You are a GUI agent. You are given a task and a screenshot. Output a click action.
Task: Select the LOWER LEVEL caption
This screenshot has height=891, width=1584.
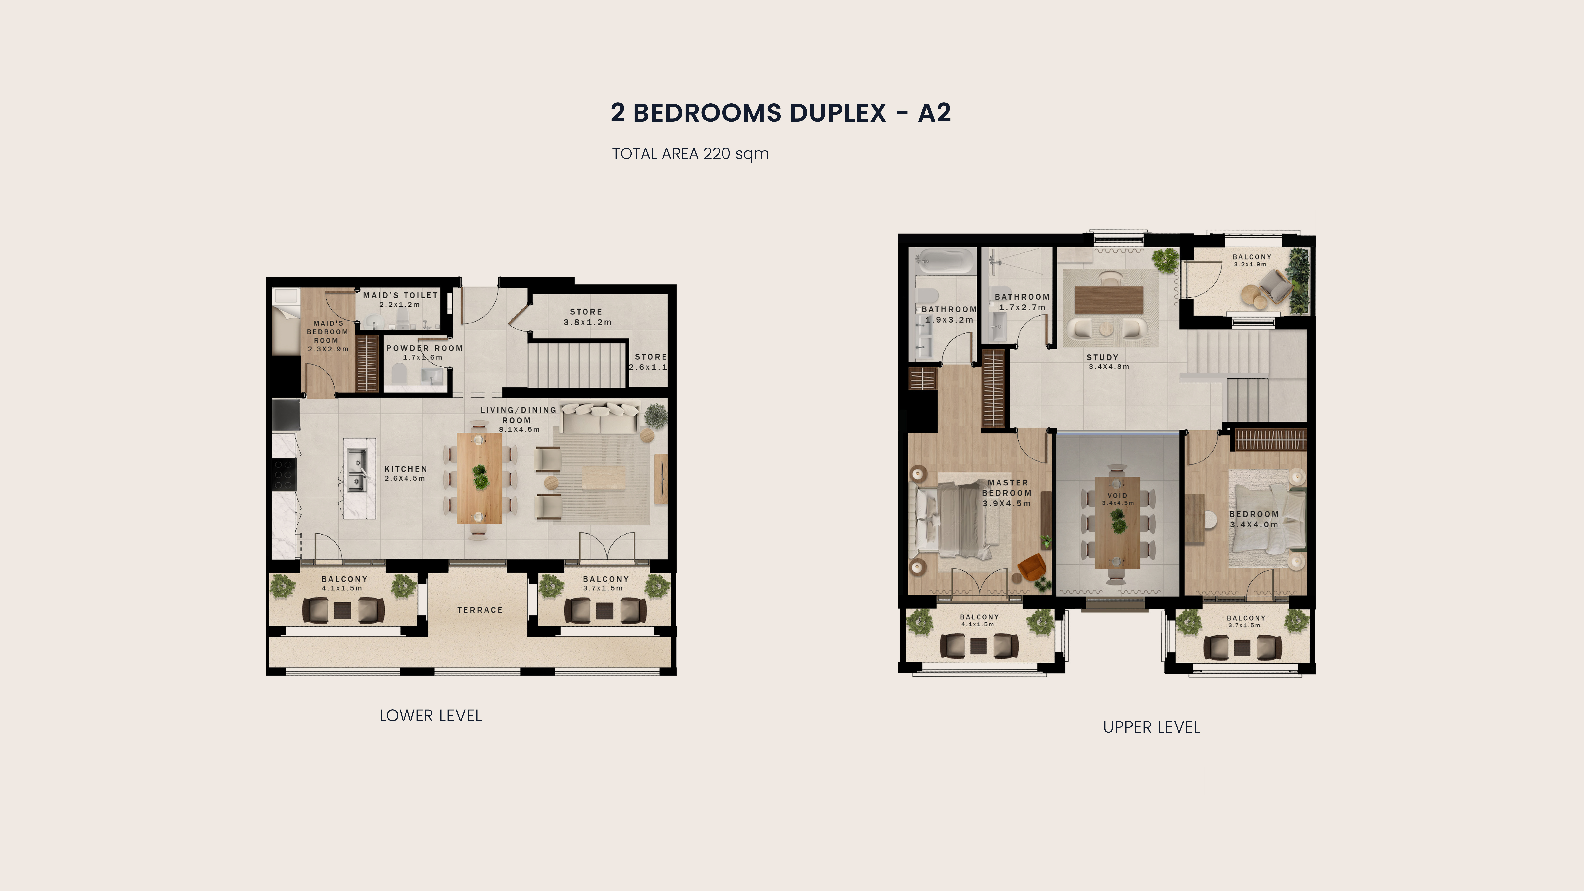430,716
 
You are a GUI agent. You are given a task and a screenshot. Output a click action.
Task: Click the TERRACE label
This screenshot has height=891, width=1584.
480,610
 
